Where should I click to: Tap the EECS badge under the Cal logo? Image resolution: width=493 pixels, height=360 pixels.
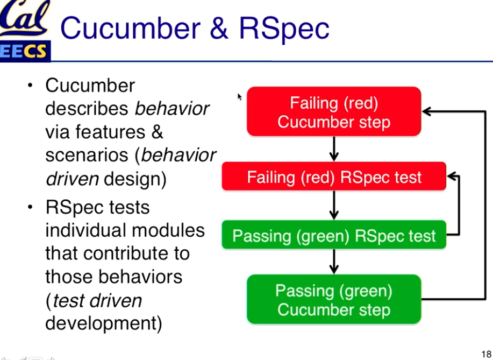click(x=25, y=51)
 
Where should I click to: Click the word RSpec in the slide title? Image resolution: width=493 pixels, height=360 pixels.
click(x=284, y=29)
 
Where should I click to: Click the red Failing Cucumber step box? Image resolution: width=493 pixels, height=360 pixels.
click(x=334, y=111)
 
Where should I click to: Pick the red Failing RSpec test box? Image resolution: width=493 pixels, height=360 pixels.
click(x=334, y=176)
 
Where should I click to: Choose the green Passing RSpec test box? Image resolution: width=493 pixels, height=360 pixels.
click(x=334, y=235)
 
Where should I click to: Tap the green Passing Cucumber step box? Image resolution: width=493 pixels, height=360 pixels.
click(x=334, y=299)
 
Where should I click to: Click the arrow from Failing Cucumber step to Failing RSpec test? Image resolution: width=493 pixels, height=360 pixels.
click(x=334, y=149)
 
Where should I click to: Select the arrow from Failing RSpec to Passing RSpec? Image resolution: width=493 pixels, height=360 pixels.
click(x=334, y=206)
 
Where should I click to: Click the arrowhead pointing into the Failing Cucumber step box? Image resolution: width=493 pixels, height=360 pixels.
click(x=427, y=111)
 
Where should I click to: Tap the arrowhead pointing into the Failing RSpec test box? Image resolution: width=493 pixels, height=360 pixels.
click(x=452, y=177)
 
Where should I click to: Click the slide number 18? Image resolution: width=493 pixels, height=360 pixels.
click(x=487, y=354)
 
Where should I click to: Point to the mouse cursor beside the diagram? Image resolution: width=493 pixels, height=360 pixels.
click(x=240, y=97)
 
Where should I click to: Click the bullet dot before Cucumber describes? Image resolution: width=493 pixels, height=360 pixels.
click(x=30, y=85)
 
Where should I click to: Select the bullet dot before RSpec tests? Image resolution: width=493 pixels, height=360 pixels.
click(x=30, y=207)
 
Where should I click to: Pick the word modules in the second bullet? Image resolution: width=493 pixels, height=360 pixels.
click(x=168, y=230)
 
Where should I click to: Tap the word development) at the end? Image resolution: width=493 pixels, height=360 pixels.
click(x=104, y=323)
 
